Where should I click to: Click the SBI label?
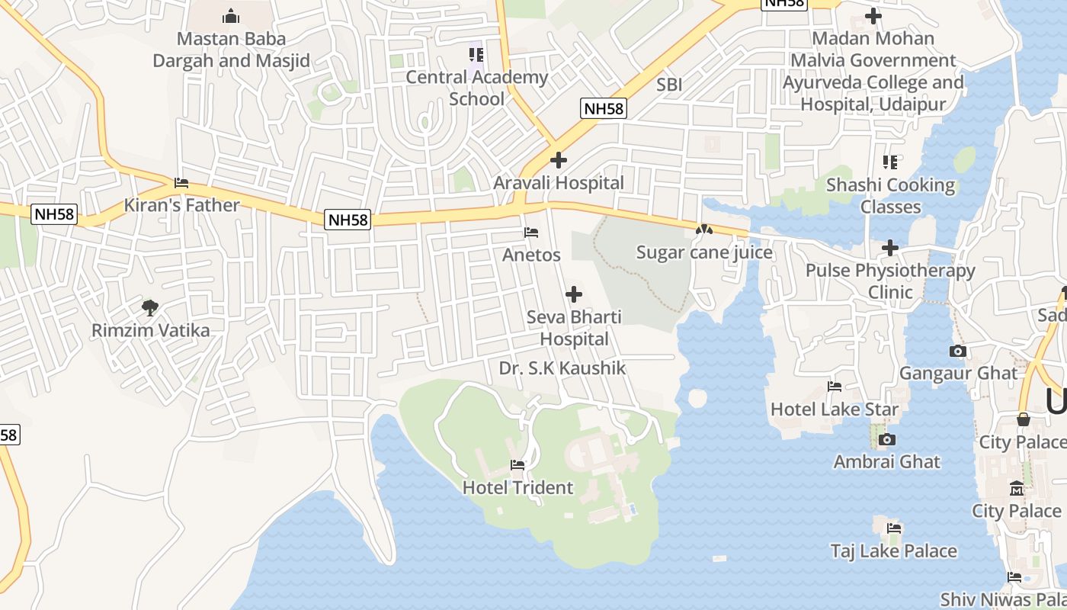pos(669,85)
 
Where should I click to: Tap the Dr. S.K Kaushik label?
pos(562,368)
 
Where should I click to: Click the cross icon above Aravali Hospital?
pos(559,160)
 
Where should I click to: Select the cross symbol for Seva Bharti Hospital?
pos(574,294)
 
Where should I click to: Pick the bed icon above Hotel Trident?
pos(517,464)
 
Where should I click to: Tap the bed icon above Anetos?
pos(531,233)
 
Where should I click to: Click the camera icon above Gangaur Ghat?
pos(958,351)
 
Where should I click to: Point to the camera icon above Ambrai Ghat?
pos(886,439)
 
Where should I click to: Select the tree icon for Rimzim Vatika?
pos(150,308)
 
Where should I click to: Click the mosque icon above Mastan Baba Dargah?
pos(231,16)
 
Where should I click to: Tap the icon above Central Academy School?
pos(476,54)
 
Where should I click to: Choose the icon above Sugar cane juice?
pos(704,230)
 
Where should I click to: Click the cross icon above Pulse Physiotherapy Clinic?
pos(890,248)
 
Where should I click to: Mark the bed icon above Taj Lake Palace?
pos(894,528)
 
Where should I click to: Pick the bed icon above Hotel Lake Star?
pos(835,387)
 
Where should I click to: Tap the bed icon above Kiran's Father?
pos(181,183)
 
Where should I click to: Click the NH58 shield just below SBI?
pos(604,108)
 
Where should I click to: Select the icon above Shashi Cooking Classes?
pos(890,162)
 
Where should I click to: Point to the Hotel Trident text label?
pos(518,487)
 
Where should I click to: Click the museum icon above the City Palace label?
pos(1017,488)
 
